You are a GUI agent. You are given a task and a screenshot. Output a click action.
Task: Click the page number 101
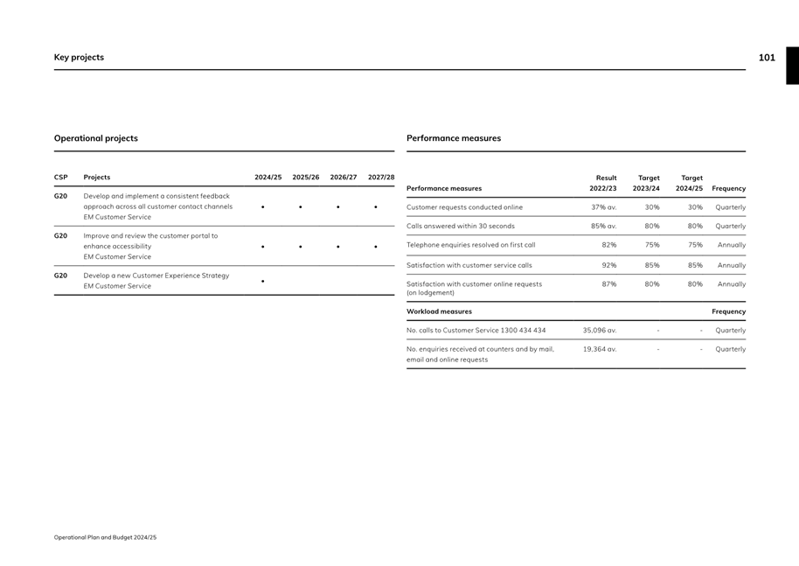point(767,58)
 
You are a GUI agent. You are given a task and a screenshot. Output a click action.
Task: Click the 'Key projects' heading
point(79,58)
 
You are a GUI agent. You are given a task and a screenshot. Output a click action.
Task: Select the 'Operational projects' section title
point(96,138)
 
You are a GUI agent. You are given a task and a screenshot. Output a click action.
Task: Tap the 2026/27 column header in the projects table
point(344,178)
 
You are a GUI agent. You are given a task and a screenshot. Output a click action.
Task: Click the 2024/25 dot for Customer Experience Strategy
point(263,282)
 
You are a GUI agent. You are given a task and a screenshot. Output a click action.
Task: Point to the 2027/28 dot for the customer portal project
point(376,247)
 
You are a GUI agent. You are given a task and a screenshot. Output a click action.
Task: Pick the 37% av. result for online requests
point(603,207)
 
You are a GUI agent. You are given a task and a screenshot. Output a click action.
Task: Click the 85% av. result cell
point(603,227)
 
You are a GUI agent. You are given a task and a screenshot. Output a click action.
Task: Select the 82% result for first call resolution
point(609,246)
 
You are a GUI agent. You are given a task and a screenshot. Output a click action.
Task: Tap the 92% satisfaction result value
point(609,265)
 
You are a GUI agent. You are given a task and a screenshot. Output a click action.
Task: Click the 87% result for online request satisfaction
point(609,284)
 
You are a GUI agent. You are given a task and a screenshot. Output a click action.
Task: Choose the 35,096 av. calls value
point(600,331)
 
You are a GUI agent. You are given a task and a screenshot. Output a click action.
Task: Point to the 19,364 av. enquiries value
point(600,349)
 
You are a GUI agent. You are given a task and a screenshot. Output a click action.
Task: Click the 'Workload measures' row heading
point(439,311)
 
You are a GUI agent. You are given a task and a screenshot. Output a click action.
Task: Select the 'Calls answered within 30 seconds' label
point(461,227)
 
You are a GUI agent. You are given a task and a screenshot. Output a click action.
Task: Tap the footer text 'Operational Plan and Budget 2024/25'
point(105,537)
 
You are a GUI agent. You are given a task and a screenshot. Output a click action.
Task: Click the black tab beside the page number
point(792,66)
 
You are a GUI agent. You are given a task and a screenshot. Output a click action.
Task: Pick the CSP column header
point(60,178)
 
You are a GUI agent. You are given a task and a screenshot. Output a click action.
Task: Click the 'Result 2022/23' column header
point(603,183)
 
